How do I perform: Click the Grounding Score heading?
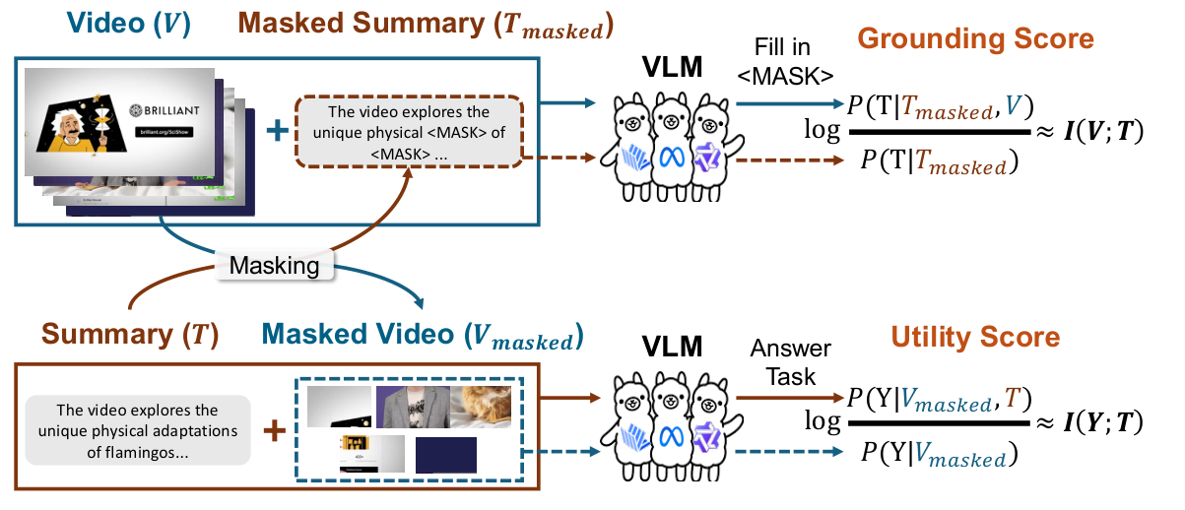click(975, 39)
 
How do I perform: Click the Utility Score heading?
click(975, 338)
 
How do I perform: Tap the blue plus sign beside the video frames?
click(279, 130)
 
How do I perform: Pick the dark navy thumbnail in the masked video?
click(445, 456)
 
